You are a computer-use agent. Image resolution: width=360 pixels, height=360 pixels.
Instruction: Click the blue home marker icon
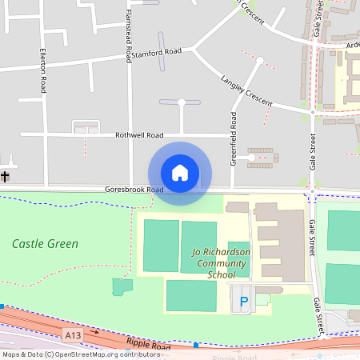point(179,173)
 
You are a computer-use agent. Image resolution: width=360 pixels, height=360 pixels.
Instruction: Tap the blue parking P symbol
point(244,302)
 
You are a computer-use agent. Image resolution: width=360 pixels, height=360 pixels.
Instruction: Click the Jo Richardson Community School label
point(222,263)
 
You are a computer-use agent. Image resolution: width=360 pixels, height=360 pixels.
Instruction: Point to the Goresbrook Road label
point(134,190)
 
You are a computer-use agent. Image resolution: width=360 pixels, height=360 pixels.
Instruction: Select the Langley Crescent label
point(246,92)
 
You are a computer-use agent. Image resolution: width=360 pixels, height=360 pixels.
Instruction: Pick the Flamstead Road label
point(127,36)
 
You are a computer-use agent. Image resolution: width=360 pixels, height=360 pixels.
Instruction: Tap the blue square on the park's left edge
point(2,306)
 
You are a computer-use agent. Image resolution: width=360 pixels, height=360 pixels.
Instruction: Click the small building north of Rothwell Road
point(86,126)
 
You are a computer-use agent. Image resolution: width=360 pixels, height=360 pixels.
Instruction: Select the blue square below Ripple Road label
point(195,345)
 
